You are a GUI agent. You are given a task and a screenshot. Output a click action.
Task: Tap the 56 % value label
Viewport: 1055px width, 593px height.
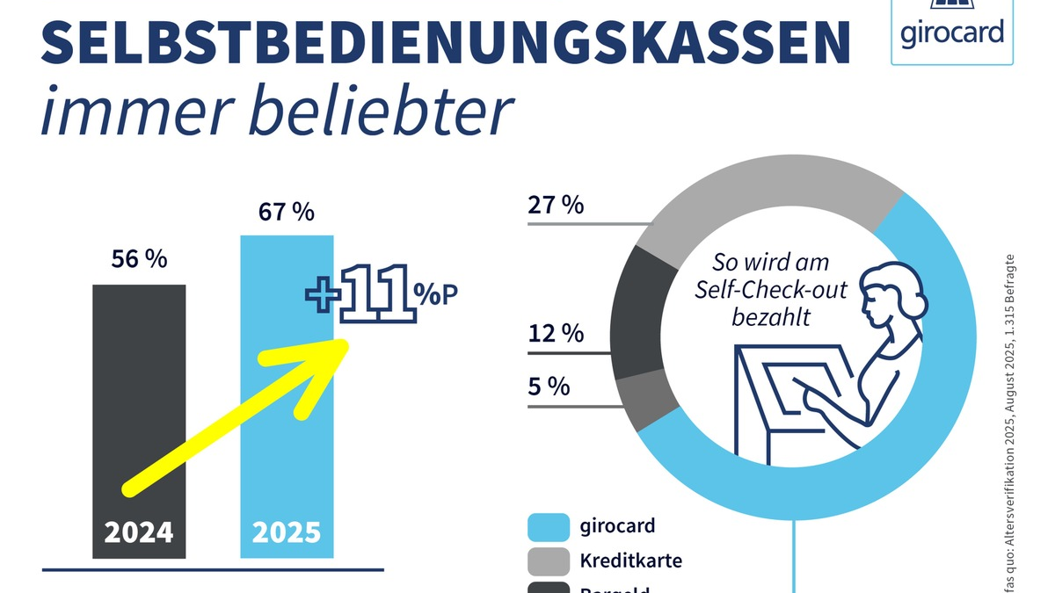(x=139, y=260)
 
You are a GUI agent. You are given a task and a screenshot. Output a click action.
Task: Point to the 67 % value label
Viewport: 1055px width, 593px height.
(x=287, y=213)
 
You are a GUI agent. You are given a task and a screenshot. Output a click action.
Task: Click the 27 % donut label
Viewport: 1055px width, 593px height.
(x=556, y=206)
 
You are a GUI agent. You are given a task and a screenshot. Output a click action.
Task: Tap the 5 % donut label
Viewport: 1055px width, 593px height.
(x=549, y=387)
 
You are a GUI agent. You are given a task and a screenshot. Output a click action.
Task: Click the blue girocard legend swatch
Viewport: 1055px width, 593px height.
(x=548, y=527)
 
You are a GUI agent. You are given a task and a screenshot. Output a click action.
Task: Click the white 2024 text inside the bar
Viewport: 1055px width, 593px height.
(x=139, y=533)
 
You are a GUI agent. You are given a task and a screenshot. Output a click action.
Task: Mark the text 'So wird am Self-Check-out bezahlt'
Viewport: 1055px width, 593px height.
(x=770, y=289)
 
